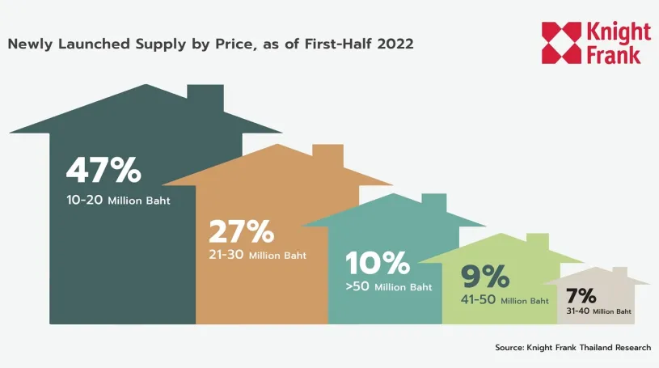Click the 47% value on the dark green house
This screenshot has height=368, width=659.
tap(103, 171)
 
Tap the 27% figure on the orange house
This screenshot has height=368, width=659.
tap(241, 231)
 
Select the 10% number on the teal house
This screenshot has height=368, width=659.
tap(378, 263)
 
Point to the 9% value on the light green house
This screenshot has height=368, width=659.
tap(485, 277)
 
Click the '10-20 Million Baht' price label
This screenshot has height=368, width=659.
tap(118, 201)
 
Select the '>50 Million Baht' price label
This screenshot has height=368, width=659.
tap(389, 286)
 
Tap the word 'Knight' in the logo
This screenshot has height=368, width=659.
tap(619, 32)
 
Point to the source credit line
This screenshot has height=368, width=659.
tap(572, 347)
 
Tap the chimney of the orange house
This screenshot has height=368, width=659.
tap(327, 154)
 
